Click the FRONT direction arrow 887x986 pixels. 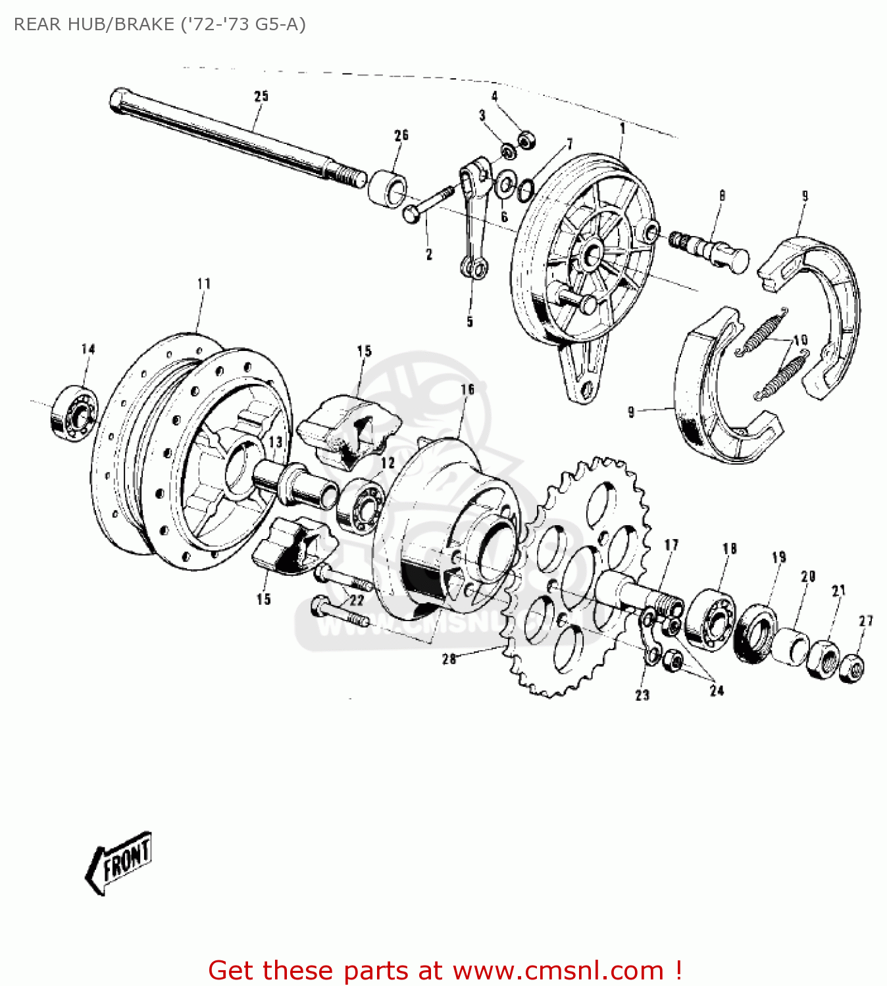pos(118,862)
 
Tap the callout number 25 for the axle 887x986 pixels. pos(261,96)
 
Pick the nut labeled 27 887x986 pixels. pos(853,669)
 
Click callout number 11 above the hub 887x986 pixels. pos(204,283)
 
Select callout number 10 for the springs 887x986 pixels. pos(800,340)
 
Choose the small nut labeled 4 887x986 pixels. pos(526,140)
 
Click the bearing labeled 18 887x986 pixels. pos(710,620)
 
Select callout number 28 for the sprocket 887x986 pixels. pos(449,659)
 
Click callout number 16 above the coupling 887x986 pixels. pos(467,389)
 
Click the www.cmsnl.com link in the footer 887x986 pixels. pos(559,970)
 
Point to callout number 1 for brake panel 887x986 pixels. pos(622,129)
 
